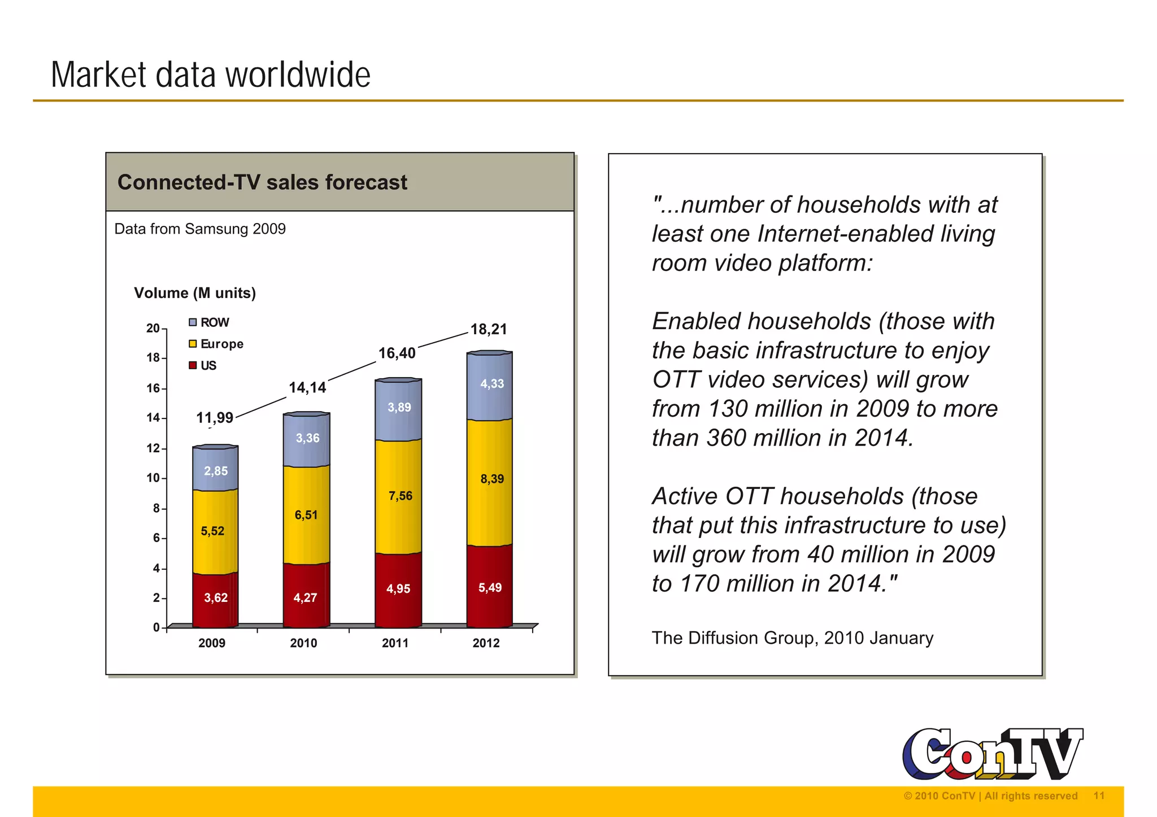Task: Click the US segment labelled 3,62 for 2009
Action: [x=215, y=598]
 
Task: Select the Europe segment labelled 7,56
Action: [x=398, y=497]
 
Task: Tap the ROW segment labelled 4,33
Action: [x=490, y=387]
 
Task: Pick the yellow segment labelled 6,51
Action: [x=306, y=515]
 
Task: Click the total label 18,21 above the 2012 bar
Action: [x=489, y=329]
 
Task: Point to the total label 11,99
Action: [x=215, y=418]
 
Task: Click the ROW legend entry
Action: [x=209, y=322]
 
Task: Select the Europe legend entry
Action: [x=216, y=344]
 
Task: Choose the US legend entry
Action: [x=203, y=365]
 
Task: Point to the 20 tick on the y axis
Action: [x=153, y=328]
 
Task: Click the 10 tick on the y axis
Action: [x=153, y=478]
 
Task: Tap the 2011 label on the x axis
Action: [x=395, y=643]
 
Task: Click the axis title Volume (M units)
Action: [x=195, y=293]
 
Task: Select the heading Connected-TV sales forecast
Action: [x=262, y=182]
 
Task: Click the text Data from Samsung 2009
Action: [x=200, y=229]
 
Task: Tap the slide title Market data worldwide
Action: [x=211, y=75]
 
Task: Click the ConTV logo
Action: [x=992, y=754]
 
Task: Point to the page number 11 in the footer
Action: [x=1099, y=796]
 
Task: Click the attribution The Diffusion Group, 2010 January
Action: [x=792, y=638]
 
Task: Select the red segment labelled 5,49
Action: [x=489, y=587]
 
